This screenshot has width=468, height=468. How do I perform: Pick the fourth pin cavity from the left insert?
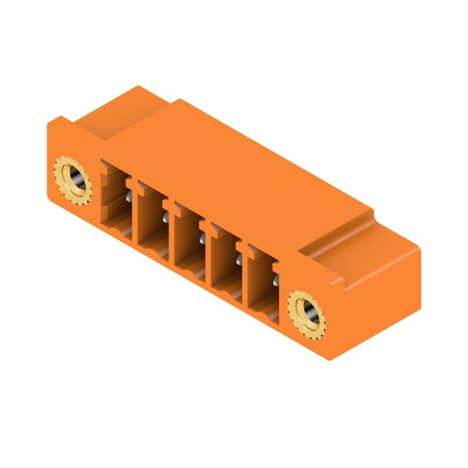pyautogui.click(x=226, y=260)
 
